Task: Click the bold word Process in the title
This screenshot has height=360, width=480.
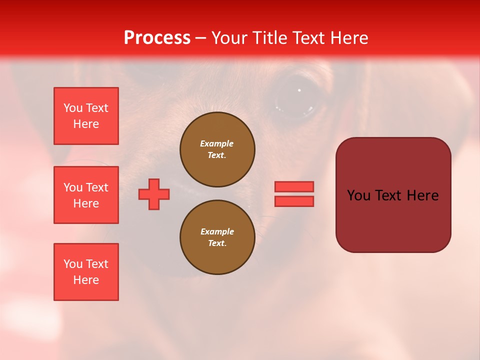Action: coord(157,38)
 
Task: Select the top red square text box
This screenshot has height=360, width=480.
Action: coord(86,116)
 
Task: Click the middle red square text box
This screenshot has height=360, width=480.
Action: coord(86,195)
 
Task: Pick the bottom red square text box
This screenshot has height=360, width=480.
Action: coord(86,272)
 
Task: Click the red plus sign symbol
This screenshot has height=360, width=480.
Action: coord(154,194)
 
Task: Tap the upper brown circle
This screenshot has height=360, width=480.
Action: coord(217,149)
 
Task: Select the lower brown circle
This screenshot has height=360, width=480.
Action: coord(217,237)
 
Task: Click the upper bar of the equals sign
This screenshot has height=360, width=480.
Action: coord(294,186)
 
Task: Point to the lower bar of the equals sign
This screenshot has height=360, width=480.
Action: coord(294,201)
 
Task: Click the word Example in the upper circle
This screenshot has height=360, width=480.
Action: coord(217,143)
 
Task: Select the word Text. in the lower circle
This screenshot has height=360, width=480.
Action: coord(217,243)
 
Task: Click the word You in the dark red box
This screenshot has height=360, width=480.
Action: coord(358,195)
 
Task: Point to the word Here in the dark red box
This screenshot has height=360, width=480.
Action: coord(422,195)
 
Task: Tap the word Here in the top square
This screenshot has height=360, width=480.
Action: coord(86,124)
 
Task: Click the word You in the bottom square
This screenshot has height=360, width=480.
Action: coord(73,264)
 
